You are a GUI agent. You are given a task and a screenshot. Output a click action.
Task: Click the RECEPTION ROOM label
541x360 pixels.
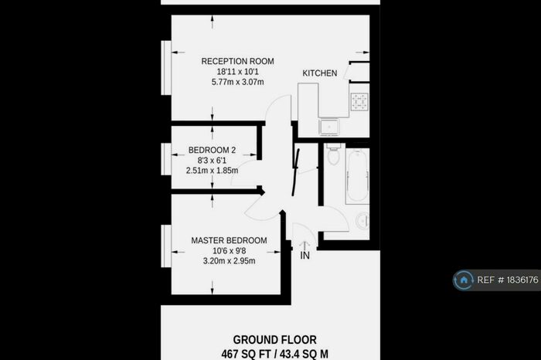(x=237, y=61)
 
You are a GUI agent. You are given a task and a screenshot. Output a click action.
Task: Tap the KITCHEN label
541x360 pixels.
(x=319, y=73)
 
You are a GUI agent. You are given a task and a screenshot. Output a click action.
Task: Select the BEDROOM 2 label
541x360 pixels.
(x=212, y=151)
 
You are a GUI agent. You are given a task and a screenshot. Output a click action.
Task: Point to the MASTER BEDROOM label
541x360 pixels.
(x=229, y=240)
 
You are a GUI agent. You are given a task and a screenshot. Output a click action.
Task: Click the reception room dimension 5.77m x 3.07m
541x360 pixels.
(x=237, y=81)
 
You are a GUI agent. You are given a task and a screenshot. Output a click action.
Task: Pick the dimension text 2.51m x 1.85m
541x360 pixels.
(x=212, y=171)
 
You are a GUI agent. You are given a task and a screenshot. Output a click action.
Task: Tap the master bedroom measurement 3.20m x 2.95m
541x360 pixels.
(x=229, y=260)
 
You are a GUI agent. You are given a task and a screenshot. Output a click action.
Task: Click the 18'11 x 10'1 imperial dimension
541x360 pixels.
(x=237, y=71)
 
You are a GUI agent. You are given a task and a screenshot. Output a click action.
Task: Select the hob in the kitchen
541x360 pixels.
(x=359, y=100)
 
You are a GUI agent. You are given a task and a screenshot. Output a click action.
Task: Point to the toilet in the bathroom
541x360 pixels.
(x=333, y=155)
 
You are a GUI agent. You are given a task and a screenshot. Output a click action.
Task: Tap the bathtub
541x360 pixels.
(x=358, y=178)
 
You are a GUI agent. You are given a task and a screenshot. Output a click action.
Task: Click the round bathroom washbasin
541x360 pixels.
(x=363, y=221)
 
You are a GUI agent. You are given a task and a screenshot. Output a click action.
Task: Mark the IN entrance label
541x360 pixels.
(x=305, y=255)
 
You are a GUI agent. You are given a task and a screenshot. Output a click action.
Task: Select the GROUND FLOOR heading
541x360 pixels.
(x=274, y=338)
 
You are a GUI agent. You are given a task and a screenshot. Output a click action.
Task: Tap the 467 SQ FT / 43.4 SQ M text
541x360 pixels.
(x=274, y=352)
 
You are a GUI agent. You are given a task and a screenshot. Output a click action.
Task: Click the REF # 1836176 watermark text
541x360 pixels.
(x=508, y=280)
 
